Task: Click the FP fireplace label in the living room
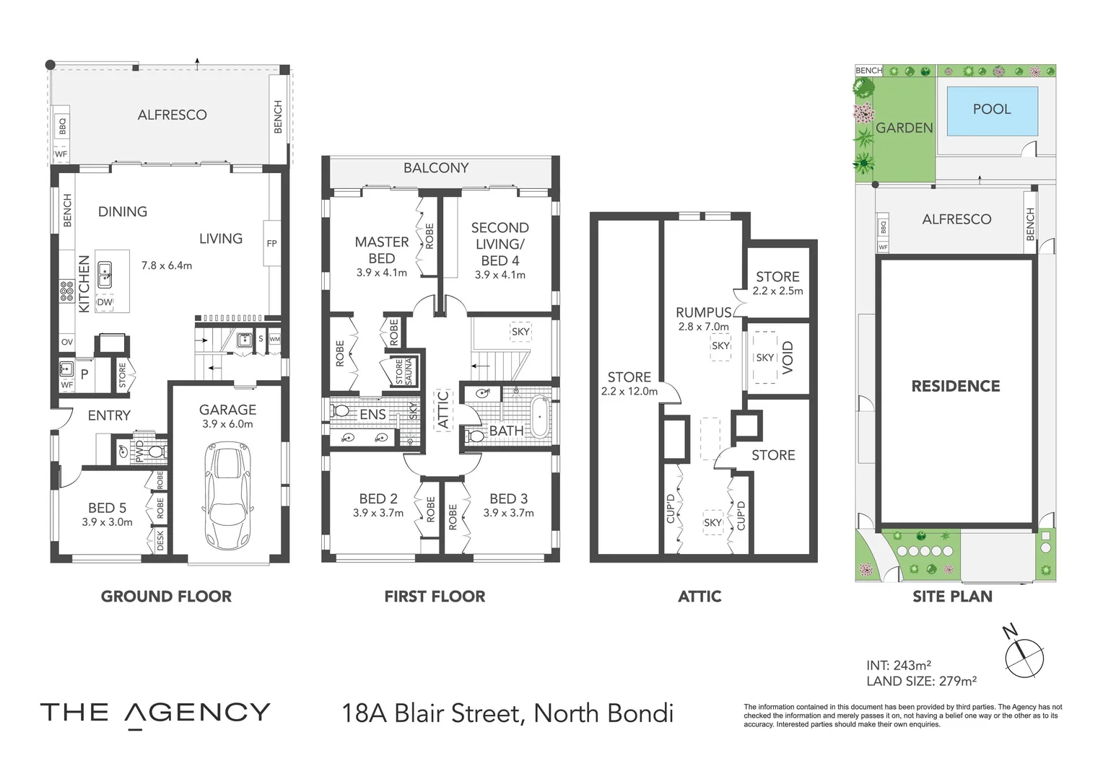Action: [x=271, y=244]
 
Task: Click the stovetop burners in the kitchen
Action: [x=67, y=291]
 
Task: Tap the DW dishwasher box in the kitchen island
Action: [x=105, y=302]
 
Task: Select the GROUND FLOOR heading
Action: [x=166, y=597]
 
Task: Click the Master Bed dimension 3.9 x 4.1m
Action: [x=381, y=273]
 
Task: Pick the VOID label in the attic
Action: [x=788, y=358]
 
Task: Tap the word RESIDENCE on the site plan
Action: [x=955, y=387]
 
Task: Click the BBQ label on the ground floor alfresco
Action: [x=62, y=127]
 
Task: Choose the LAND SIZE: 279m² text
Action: [x=921, y=681]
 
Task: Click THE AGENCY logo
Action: [x=155, y=713]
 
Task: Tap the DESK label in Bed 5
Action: [x=160, y=541]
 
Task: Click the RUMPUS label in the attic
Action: [x=703, y=313]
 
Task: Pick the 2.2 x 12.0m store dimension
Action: [x=629, y=392]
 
